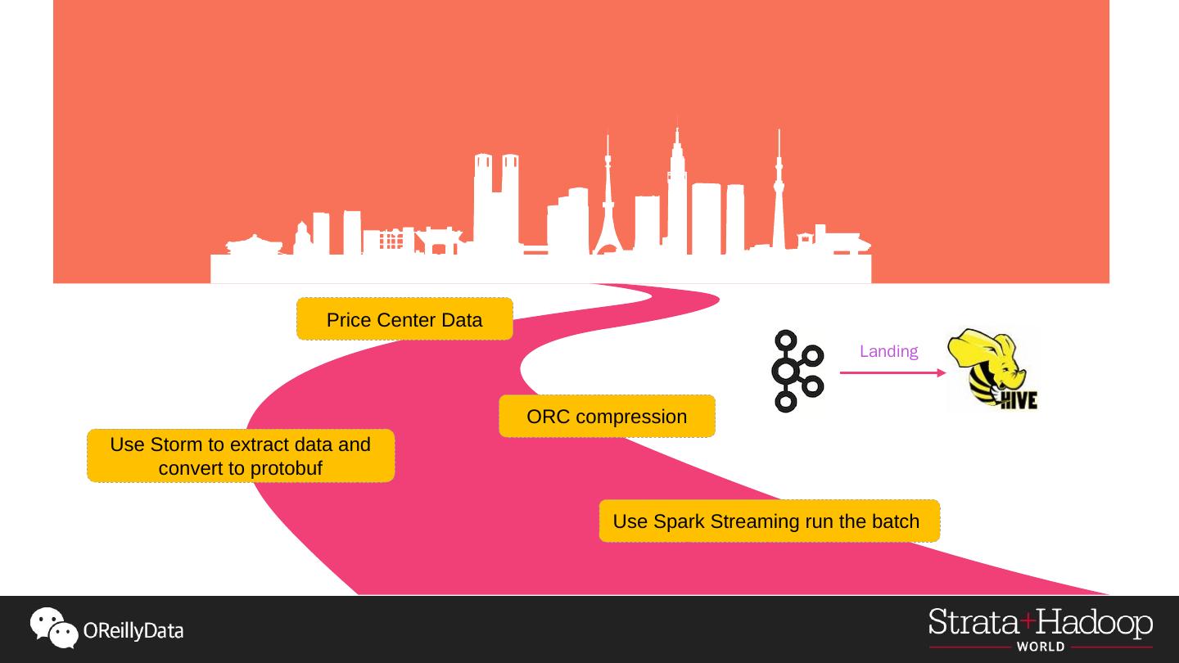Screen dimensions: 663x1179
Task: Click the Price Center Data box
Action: (x=404, y=319)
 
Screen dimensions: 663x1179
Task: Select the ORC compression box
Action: (x=607, y=417)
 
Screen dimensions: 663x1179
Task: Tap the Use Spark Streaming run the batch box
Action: (x=769, y=521)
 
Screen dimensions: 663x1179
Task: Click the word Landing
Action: (x=888, y=352)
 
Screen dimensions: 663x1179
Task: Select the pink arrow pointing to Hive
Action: (x=892, y=373)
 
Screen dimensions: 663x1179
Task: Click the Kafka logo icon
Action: (x=796, y=372)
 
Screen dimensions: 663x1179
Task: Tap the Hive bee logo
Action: (x=992, y=368)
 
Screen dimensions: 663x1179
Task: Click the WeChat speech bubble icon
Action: (x=54, y=628)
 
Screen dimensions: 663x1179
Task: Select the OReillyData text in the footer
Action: (x=133, y=631)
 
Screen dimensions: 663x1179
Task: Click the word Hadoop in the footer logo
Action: (x=1095, y=624)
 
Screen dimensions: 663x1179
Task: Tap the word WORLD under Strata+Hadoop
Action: (x=1041, y=647)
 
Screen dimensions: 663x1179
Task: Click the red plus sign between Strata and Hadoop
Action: (x=1028, y=620)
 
